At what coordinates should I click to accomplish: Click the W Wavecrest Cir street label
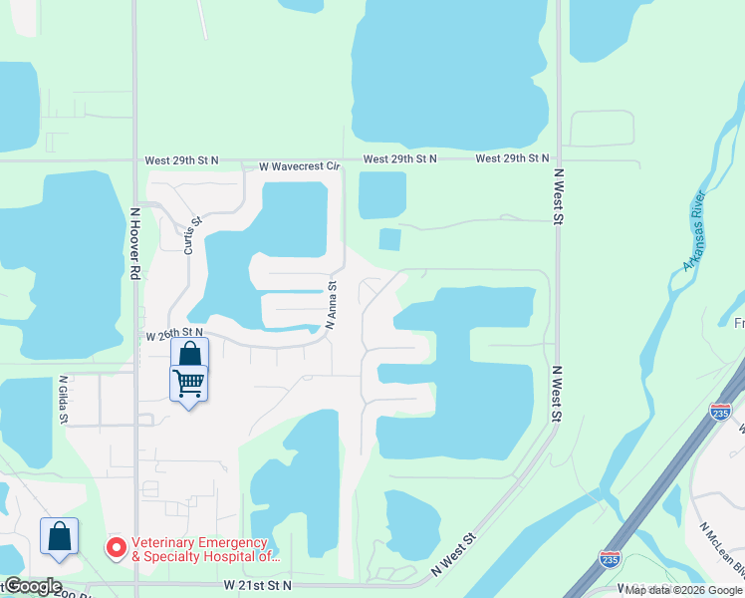pos(300,167)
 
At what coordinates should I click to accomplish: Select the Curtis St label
pos(191,237)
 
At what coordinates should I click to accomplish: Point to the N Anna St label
pos(333,304)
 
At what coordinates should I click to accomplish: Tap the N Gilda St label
pos(63,399)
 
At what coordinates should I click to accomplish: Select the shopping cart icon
pos(188,382)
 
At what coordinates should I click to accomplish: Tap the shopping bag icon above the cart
pos(189,354)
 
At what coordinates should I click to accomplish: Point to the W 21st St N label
pos(257,585)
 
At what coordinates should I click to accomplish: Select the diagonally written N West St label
pos(456,553)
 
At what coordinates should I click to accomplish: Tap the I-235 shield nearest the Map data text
pos(611,560)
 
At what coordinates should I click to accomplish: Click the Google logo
pos(32,586)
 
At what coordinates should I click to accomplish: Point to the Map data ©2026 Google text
pos(683,590)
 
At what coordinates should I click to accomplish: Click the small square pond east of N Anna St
pos(389,239)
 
